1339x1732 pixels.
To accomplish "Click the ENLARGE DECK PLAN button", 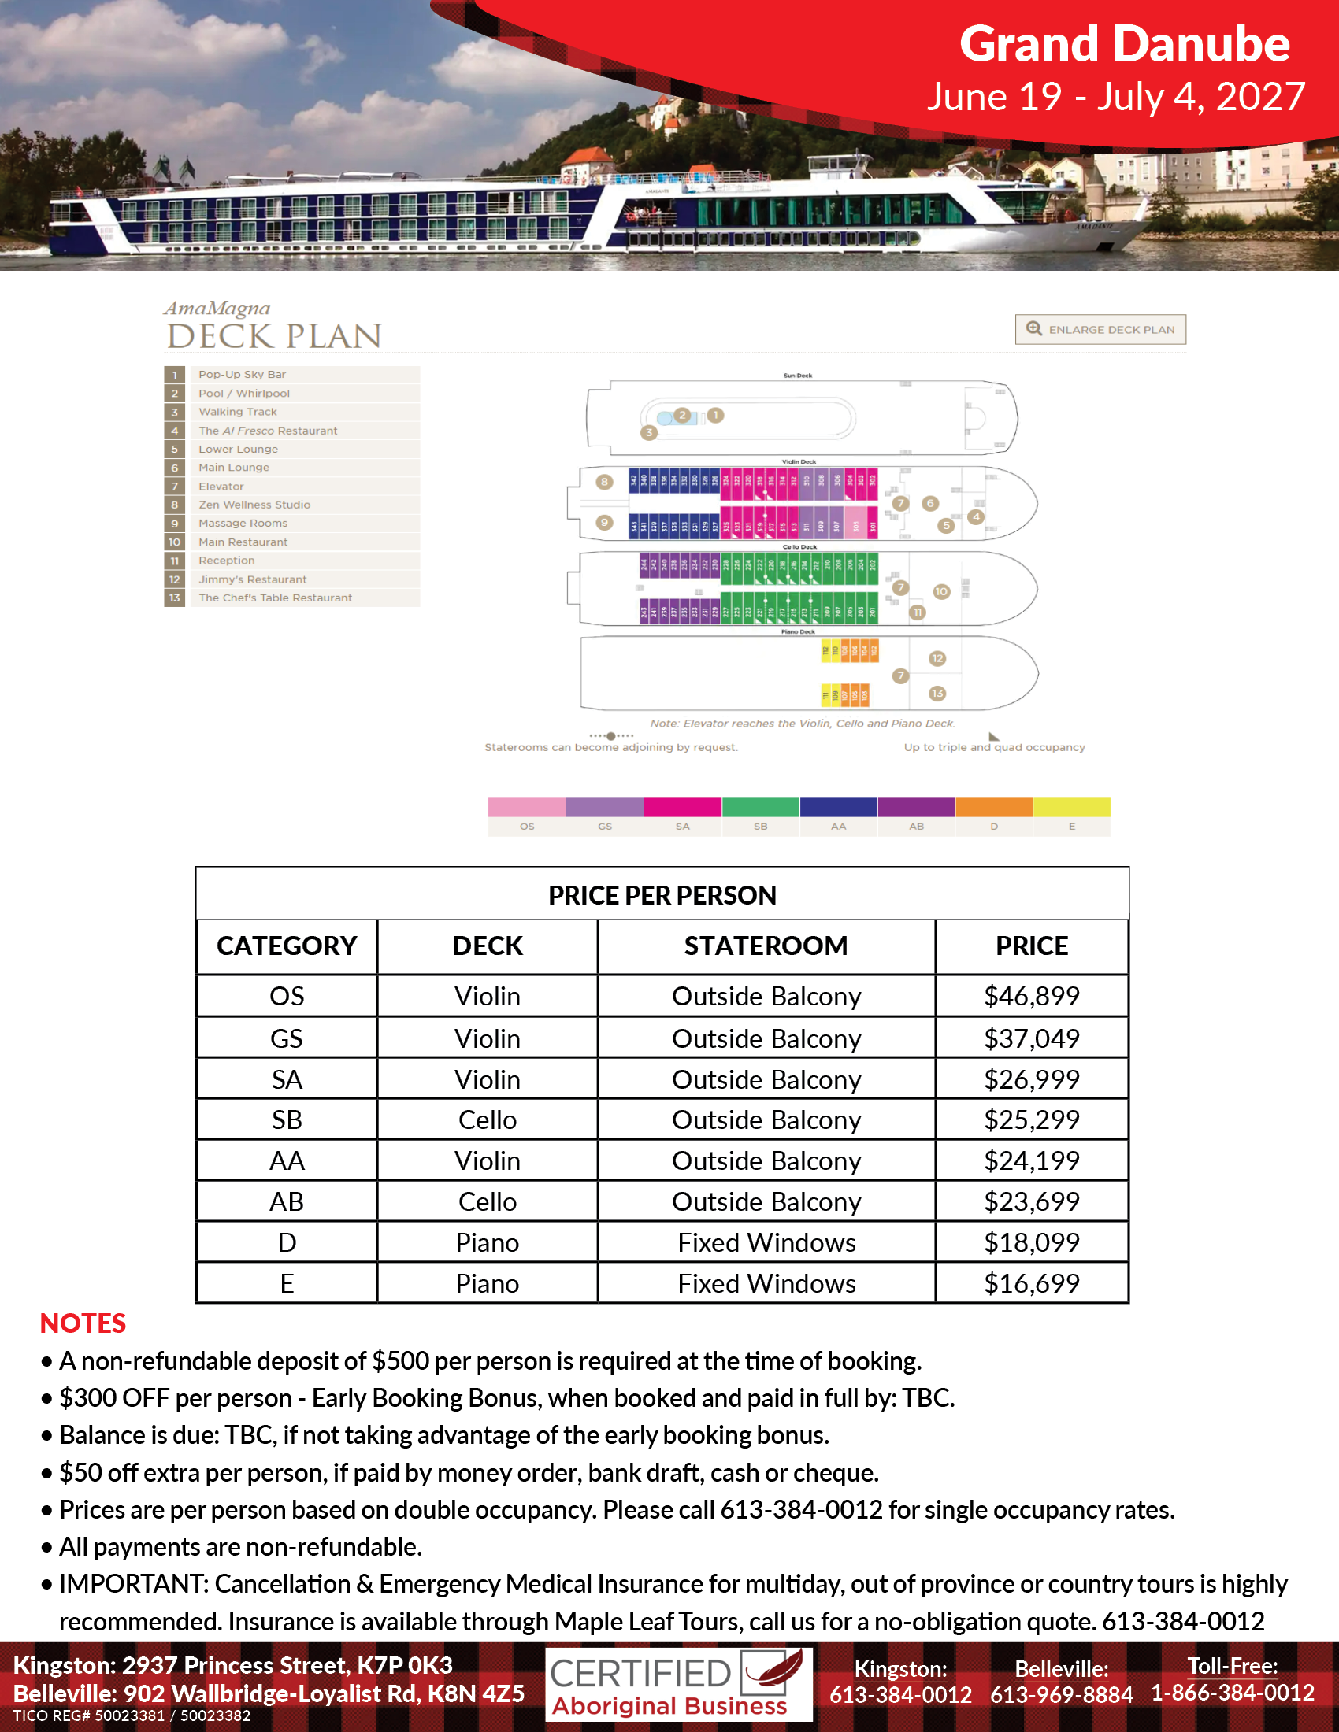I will click(x=1100, y=329).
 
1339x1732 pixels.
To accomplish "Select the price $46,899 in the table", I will click(x=1031, y=996).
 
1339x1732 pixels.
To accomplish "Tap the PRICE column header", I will click(x=1031, y=946).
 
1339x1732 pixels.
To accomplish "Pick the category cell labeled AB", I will click(x=287, y=1201).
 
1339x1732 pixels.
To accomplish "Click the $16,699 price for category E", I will click(x=1031, y=1283).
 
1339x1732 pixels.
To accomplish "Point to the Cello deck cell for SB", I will click(x=487, y=1120).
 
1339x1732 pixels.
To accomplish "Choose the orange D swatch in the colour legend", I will click(x=993, y=806).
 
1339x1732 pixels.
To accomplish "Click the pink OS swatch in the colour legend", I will click(x=527, y=806).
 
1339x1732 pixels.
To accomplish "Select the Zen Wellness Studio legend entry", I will click(x=254, y=505).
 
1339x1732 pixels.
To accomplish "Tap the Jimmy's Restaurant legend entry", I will click(x=252, y=579).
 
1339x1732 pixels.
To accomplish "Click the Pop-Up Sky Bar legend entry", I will click(x=242, y=374).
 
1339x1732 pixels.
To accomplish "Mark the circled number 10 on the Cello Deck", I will click(x=940, y=591).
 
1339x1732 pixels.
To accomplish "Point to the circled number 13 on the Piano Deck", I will click(x=937, y=693).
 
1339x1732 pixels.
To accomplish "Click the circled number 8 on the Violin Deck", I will click(x=604, y=481).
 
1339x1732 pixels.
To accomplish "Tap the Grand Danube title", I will click(x=1124, y=43).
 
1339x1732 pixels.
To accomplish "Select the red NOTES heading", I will click(x=83, y=1323).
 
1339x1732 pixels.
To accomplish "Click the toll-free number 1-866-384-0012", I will click(x=1233, y=1693).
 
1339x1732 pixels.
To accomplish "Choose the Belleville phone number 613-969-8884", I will click(x=1061, y=1694).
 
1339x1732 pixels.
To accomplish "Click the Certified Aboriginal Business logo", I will click(x=678, y=1685).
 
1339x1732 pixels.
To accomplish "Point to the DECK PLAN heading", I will click(x=274, y=336).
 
